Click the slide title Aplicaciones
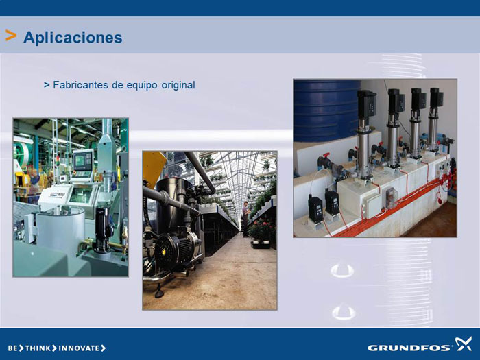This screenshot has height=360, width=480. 73,38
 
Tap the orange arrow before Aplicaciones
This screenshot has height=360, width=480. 11,36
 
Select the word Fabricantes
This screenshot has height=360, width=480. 80,85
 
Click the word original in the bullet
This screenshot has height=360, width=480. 178,85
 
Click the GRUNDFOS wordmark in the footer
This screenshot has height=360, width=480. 409,348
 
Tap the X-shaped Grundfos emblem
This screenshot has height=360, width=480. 463,344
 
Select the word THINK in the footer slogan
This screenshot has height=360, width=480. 38,348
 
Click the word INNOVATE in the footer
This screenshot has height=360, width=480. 79,348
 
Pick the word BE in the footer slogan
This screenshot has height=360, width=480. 12,348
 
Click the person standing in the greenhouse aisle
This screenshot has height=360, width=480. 245,219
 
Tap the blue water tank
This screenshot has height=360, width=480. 327,110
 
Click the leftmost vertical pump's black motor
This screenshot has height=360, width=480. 366,105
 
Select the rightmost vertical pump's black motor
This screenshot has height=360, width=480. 436,97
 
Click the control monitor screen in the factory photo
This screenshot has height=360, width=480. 83,160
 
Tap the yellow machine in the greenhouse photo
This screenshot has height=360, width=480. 154,168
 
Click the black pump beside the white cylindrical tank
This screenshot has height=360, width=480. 103,229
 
